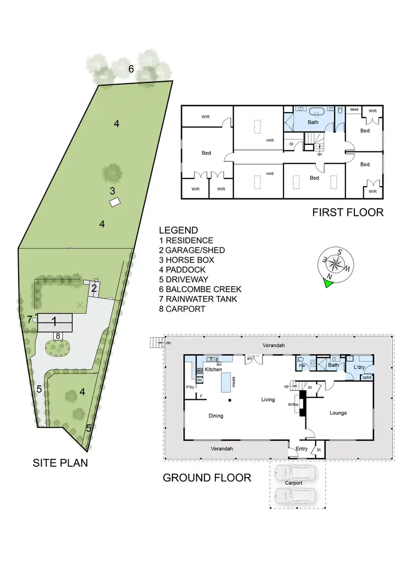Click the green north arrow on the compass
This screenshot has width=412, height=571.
[329, 283]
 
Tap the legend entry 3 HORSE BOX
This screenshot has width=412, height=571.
[186, 260]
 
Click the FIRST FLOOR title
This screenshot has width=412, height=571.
[347, 212]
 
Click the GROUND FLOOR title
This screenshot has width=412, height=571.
[207, 478]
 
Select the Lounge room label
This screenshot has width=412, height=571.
[338, 413]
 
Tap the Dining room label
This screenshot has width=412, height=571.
[216, 416]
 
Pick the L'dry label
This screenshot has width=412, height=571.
[360, 366]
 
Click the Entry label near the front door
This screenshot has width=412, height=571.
[302, 449]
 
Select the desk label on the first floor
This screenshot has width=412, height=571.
[354, 110]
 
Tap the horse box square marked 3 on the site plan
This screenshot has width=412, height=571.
[114, 203]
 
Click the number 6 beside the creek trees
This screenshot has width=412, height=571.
[131, 69]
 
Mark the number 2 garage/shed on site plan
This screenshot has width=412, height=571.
[94, 288]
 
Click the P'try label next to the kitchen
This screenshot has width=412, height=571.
[190, 388]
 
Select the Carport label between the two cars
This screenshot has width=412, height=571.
[294, 483]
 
